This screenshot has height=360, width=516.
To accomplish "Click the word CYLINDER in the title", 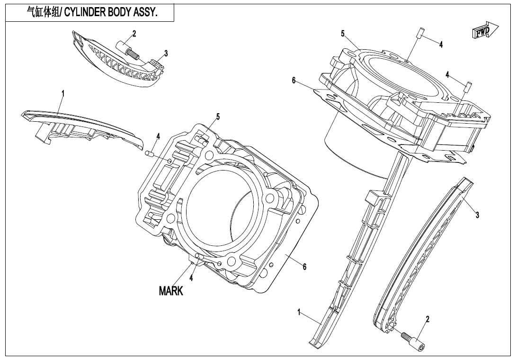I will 85,13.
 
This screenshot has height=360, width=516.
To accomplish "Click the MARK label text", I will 171,291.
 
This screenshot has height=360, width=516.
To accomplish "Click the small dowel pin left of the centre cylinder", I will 148,153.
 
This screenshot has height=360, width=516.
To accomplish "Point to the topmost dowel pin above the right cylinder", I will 418,34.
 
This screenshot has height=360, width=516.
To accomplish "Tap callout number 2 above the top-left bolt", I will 134,34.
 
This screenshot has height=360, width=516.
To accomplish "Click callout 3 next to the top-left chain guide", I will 166,54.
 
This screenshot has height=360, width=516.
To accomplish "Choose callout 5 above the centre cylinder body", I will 218,117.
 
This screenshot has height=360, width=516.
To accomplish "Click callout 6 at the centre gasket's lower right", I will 304,267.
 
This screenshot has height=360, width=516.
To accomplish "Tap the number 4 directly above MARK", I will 191,278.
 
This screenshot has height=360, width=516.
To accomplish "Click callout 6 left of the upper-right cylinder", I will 294,81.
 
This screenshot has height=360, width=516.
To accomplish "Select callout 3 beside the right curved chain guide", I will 477,215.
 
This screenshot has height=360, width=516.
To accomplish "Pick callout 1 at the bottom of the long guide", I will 299,312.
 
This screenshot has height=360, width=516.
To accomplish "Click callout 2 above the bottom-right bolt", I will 427,319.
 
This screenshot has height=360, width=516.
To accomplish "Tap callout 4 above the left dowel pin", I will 158,136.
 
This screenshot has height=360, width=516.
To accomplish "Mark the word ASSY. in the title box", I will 143,13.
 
